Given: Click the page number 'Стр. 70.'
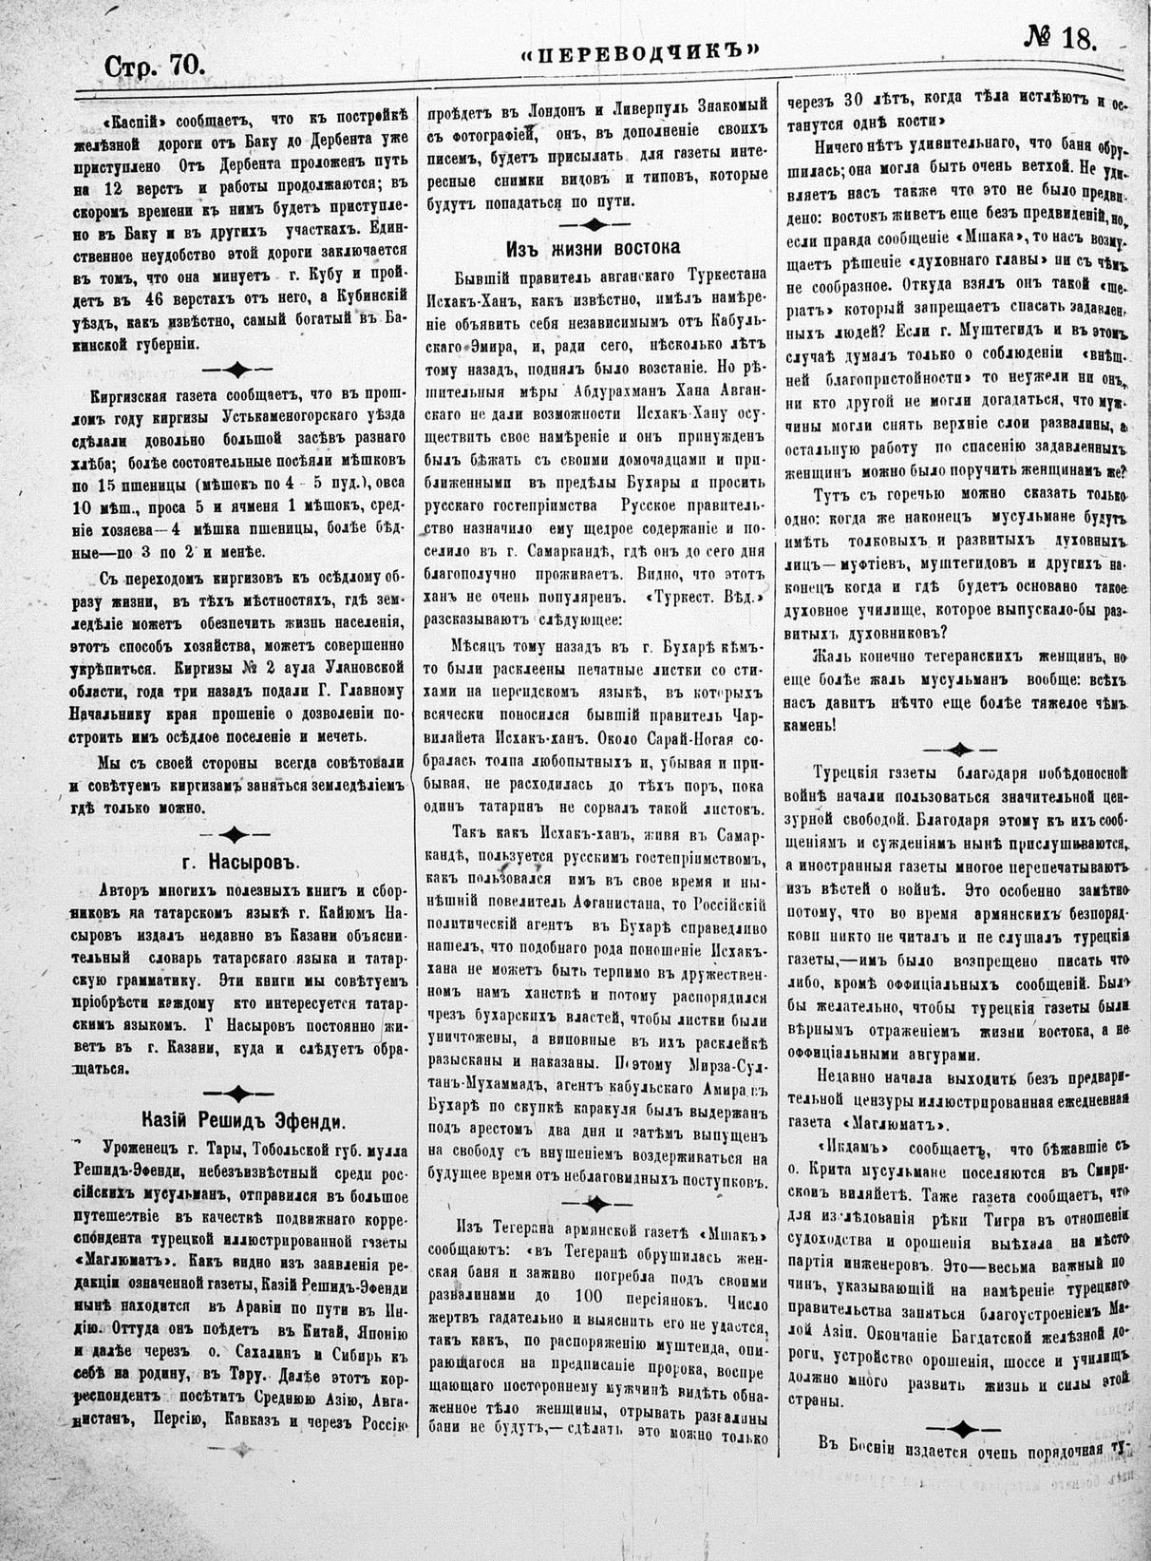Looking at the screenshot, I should pyautogui.click(x=154, y=67).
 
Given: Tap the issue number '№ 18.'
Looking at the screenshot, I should pyautogui.click(x=1060, y=38).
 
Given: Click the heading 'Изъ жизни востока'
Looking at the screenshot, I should pyautogui.click(x=593, y=249).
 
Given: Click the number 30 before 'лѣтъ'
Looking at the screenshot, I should pyautogui.click(x=855, y=100).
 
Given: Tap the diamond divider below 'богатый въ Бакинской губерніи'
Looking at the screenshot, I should pyautogui.click(x=237, y=369).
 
